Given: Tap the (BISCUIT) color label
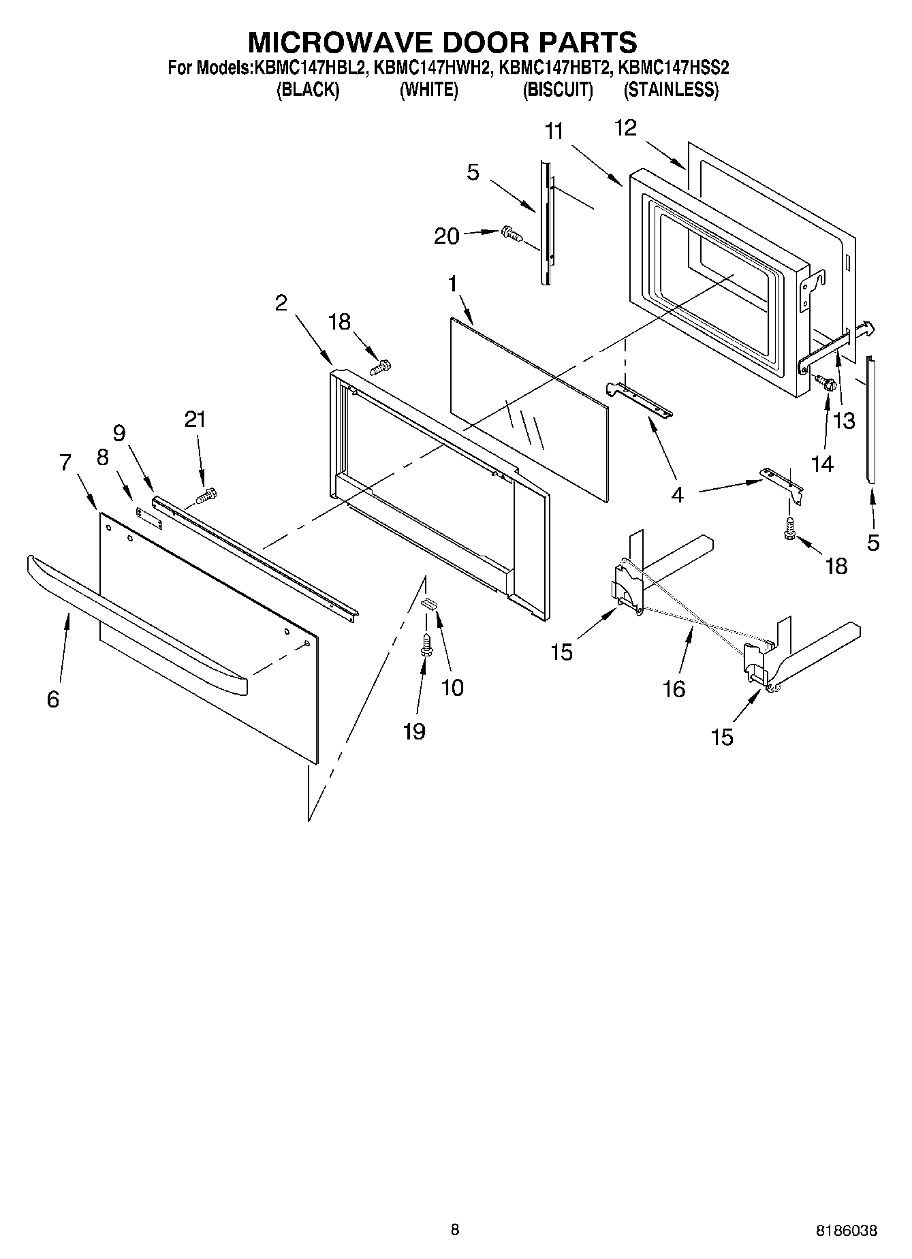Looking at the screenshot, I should tap(557, 90).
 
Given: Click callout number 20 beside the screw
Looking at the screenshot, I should tap(447, 236).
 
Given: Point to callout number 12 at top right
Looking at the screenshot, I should tap(625, 127).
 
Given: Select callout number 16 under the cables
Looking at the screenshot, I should tap(674, 689).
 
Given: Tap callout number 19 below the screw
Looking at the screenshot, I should tap(414, 731).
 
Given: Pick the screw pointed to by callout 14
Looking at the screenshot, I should tap(826, 384).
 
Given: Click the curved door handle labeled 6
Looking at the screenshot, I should tap(136, 620).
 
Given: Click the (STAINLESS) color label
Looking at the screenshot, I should tap(671, 90).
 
